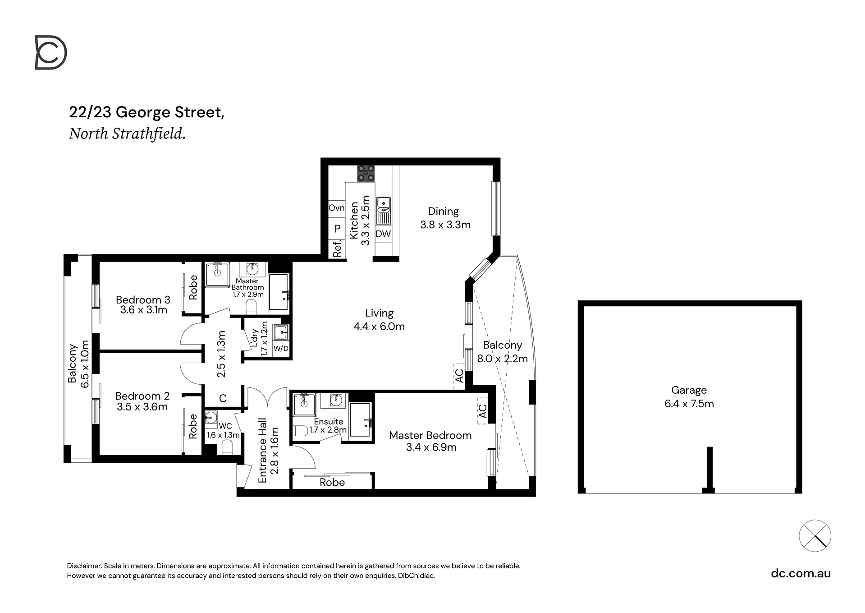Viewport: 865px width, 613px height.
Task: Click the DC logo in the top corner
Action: (x=51, y=53)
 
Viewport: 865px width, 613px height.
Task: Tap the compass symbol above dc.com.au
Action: (x=815, y=536)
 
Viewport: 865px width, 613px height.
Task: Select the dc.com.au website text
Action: (x=801, y=573)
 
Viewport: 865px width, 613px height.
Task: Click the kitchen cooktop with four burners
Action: (x=366, y=174)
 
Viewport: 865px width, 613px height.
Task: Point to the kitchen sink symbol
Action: (x=384, y=210)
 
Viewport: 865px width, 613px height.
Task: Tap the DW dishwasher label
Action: (x=383, y=234)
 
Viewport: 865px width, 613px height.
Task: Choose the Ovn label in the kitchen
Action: (x=336, y=208)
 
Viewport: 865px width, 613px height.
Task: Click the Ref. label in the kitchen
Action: (x=337, y=249)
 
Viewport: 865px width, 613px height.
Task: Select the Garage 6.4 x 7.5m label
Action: (x=689, y=397)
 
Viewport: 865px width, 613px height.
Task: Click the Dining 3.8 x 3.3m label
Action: (x=445, y=218)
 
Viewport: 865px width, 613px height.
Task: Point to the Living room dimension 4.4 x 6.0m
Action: (x=379, y=326)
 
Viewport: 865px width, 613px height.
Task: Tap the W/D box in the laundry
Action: (x=281, y=349)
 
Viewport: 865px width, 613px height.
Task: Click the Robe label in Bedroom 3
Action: (x=193, y=287)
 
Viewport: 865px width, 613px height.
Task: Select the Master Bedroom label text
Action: (x=430, y=435)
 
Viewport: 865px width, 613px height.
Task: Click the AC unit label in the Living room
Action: (x=459, y=376)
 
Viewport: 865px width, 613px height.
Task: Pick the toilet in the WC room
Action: (x=227, y=447)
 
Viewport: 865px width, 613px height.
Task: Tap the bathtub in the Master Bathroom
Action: (x=279, y=292)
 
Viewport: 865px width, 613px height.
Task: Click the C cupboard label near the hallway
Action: (x=223, y=398)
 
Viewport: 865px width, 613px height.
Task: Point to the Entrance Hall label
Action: (x=262, y=451)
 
